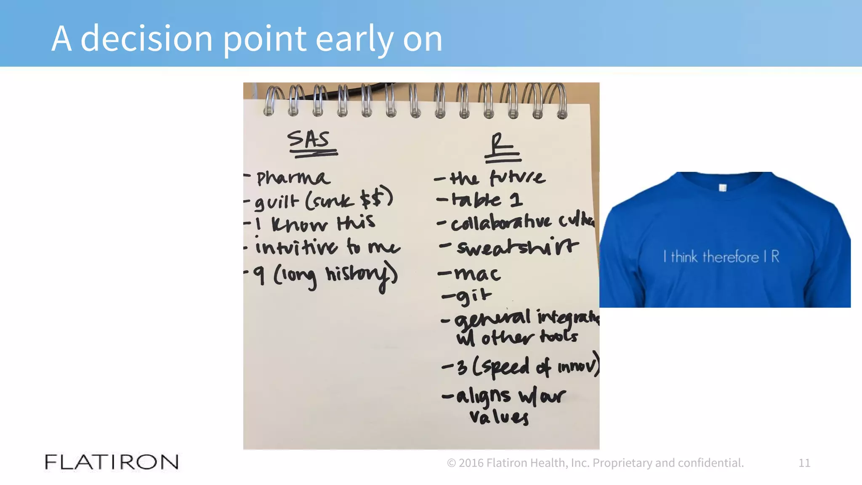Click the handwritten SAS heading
click(309, 140)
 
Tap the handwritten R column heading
click(499, 145)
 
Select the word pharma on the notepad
click(293, 178)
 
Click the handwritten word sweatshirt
click(518, 248)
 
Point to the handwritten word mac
click(477, 274)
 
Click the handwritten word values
click(499, 417)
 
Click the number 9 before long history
click(260, 276)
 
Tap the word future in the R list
click(518, 178)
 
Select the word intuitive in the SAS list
click(296, 248)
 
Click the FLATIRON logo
click(112, 462)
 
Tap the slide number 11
click(804, 463)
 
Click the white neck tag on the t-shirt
click(723, 188)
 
